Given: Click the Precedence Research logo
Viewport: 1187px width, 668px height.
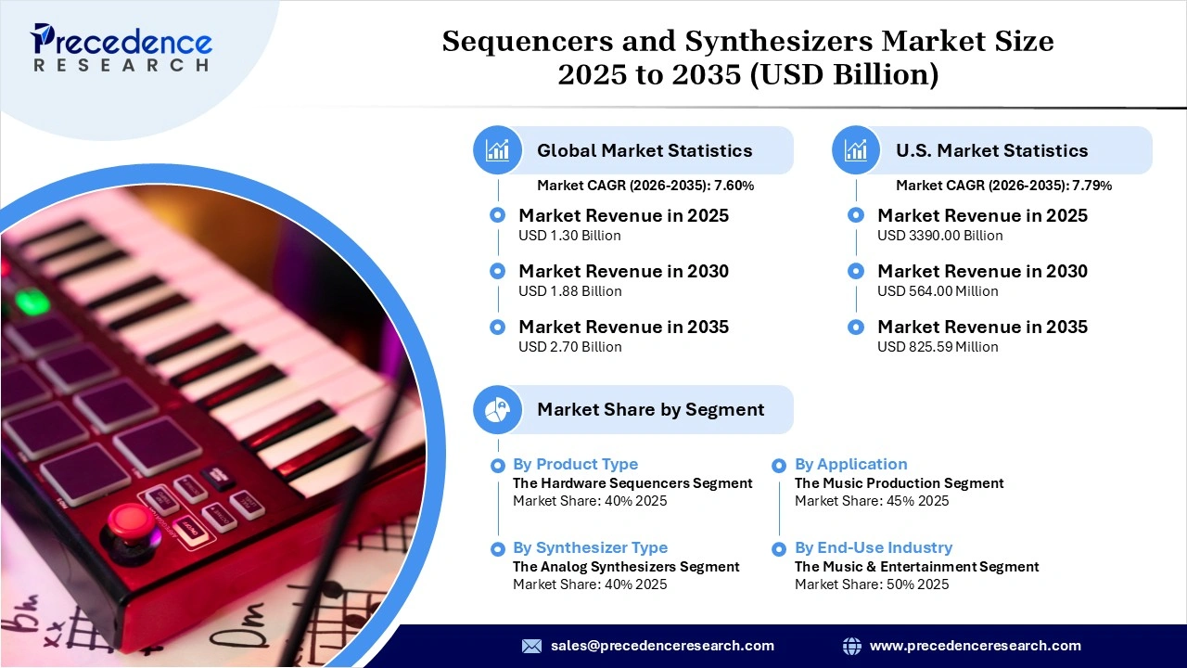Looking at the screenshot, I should pos(121,48).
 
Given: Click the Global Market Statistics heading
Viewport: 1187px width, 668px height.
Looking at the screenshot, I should pos(645,150).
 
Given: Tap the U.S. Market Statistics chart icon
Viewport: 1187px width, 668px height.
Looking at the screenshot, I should pos(856,150).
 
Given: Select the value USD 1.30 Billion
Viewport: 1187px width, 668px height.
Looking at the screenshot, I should pos(569,236).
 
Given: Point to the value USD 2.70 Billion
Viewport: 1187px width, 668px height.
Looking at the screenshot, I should pos(569,347).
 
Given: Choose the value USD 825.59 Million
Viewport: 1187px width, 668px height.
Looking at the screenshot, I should pos(938,347).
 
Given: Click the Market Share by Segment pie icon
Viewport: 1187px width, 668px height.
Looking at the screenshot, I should pos(497,409).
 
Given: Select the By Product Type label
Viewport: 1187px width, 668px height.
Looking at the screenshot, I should pos(575,464).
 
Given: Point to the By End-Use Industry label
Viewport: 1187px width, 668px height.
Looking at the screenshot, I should pos(873,547).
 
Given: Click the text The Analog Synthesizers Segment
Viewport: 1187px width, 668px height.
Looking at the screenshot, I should pos(626,566).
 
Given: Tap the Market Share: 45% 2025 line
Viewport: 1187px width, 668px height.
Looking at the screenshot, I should pos(871,501).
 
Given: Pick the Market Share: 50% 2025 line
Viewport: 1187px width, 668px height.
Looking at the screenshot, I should pos(871,584).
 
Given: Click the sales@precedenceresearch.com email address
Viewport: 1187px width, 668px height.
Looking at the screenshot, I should pos(662,646).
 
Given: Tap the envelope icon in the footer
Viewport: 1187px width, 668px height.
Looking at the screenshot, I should pos(531,646).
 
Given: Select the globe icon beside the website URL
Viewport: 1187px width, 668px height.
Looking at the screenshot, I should pos(851,646).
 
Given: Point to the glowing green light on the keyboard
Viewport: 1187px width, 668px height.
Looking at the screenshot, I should pos(32,302).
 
